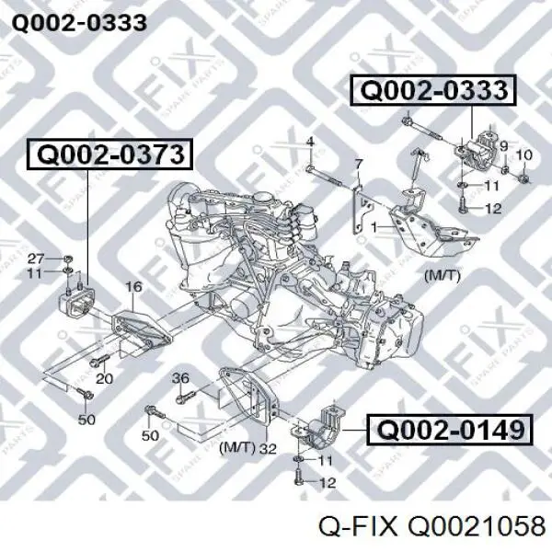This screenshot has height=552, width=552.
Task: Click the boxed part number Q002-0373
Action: (x=110, y=155)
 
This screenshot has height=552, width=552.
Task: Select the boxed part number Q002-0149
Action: (x=450, y=430)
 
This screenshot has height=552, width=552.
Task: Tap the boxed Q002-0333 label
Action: (x=433, y=90)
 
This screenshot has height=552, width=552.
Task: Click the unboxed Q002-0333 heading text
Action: (x=79, y=23)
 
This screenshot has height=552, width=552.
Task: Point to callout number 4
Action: (x=310, y=143)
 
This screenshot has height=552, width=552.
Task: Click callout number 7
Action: (x=359, y=165)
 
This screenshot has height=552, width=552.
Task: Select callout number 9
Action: (x=503, y=145)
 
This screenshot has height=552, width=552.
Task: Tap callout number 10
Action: (x=524, y=155)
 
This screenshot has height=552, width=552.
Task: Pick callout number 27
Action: (x=36, y=259)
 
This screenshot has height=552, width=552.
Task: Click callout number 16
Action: (x=133, y=286)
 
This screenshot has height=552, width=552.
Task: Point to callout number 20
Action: (x=105, y=378)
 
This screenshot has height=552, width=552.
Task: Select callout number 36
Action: (x=180, y=378)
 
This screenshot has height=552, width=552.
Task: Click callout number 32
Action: (x=268, y=449)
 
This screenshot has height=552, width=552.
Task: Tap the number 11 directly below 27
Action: (x=35, y=273)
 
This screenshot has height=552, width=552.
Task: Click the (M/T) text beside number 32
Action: (x=237, y=448)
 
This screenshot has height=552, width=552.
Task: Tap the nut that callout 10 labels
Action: (x=524, y=178)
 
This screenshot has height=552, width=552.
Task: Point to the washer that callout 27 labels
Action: (x=68, y=259)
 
